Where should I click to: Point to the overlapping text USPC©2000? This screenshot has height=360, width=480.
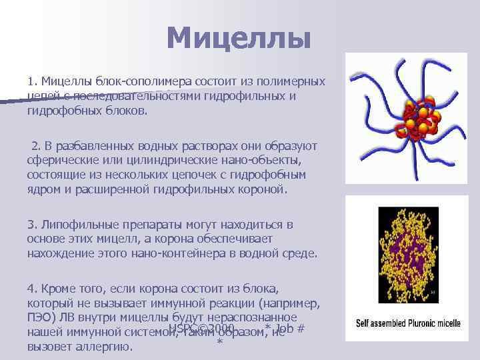[x=201, y=328]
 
